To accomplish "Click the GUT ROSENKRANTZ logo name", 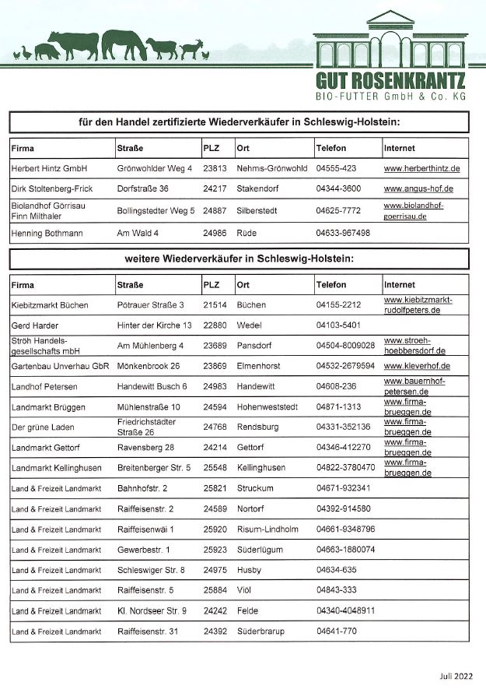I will (390, 80).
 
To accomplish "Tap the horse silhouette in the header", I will (124, 44).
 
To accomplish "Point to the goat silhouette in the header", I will (190, 51).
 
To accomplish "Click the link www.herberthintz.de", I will (421, 168).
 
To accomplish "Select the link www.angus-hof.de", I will (418, 188).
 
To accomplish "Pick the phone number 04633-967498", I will (343, 233).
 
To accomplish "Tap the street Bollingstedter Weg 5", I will (155, 210).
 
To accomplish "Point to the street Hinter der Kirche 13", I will (154, 325).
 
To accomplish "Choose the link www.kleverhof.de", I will (417, 366).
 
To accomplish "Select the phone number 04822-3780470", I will (345, 467).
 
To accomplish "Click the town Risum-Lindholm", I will (267, 529).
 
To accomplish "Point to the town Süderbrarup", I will (263, 631).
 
